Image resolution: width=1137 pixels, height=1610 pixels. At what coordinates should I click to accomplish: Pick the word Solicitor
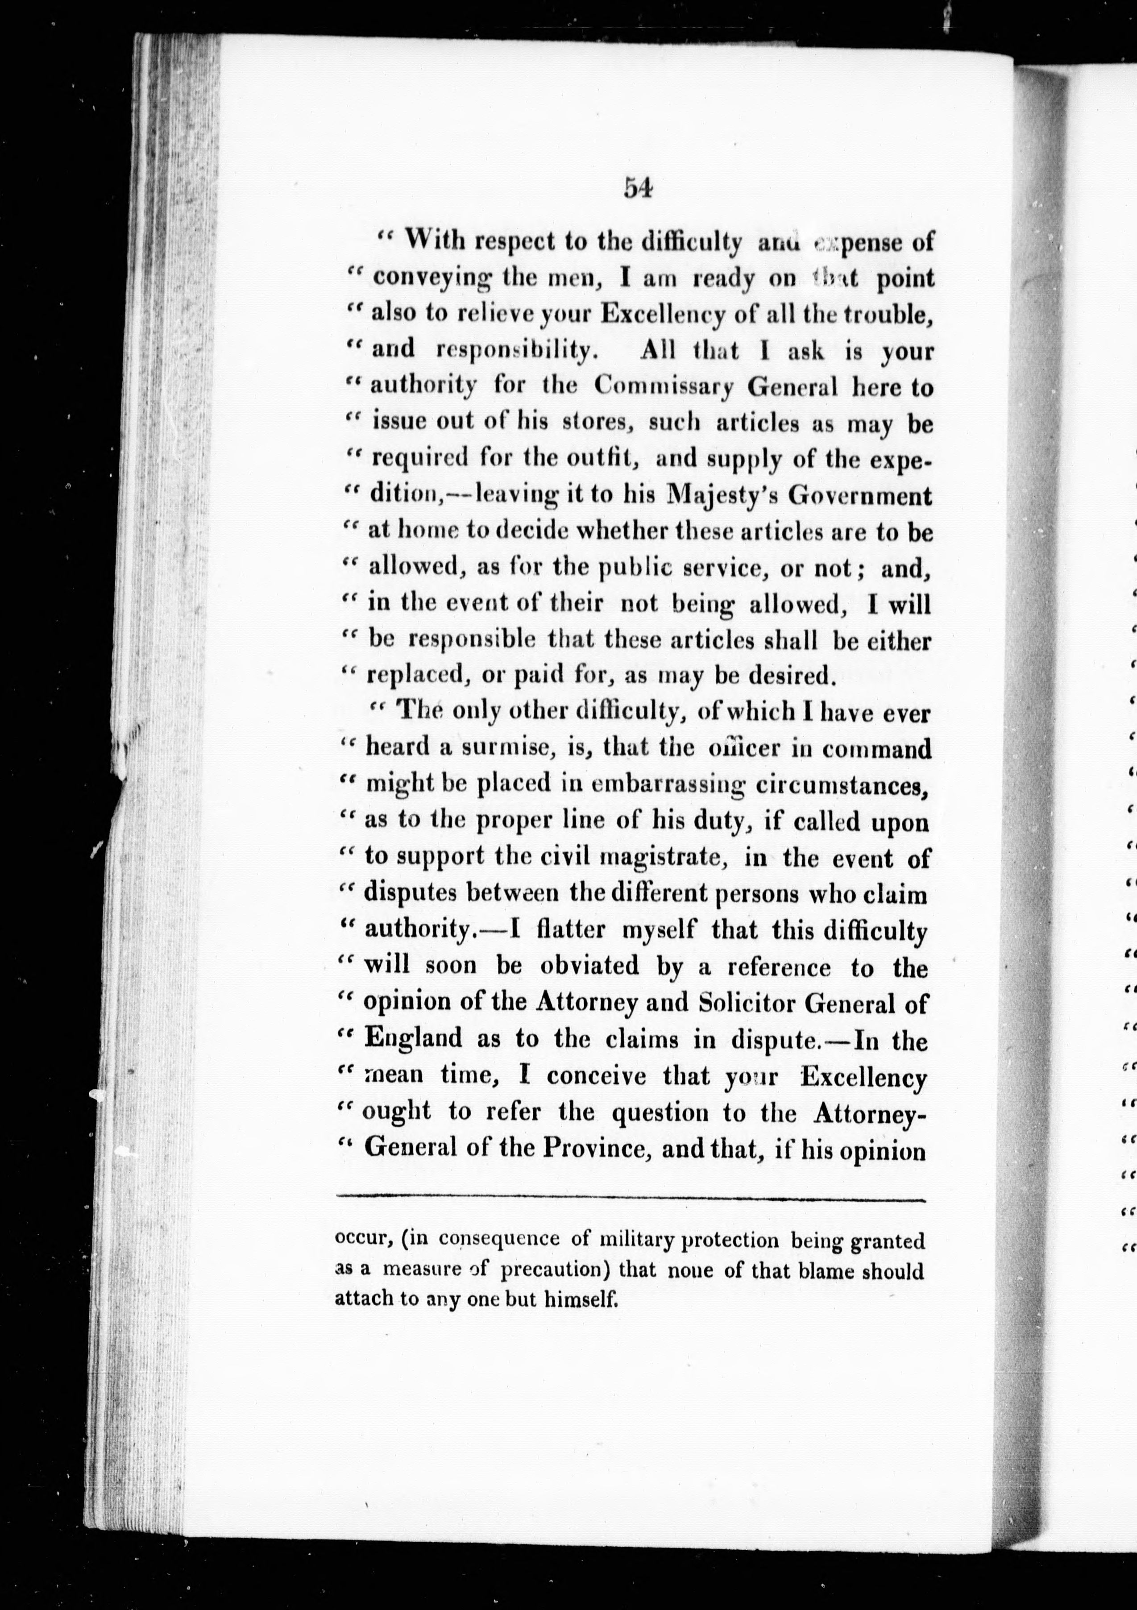(746, 1004)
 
